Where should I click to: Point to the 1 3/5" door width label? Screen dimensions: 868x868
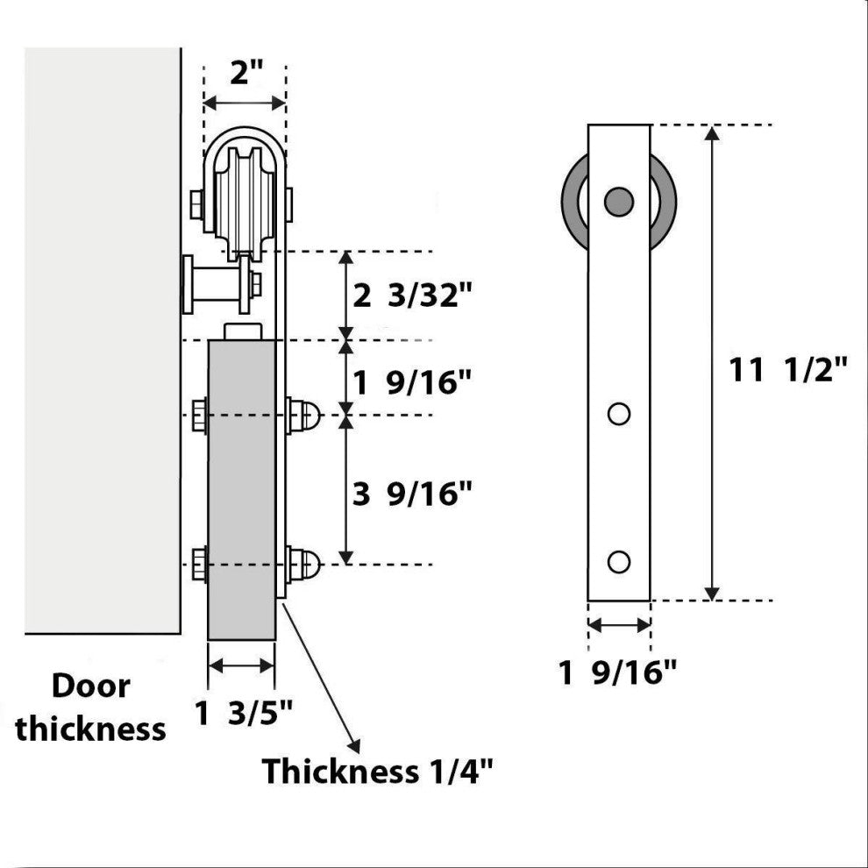pos(242,715)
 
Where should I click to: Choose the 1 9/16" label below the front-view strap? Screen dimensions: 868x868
pos(619,673)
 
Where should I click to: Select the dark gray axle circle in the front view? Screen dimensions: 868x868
pos(619,201)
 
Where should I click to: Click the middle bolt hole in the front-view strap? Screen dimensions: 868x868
pos(619,413)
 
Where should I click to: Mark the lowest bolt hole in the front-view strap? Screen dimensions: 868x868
pos(619,561)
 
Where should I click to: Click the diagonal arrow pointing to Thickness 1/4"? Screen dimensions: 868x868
pos(323,676)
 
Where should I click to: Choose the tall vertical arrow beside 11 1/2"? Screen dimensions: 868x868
pos(714,363)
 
